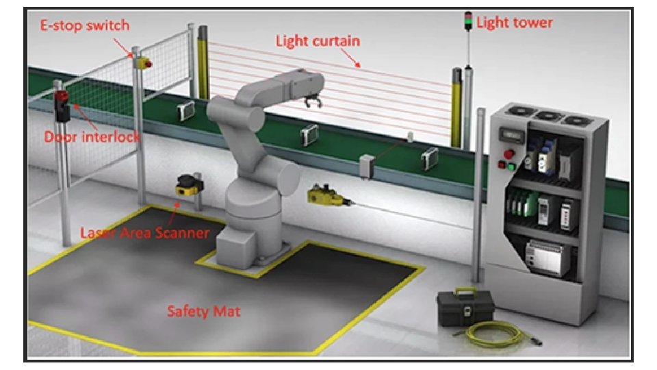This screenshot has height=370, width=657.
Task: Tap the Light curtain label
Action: pyautogui.click(x=318, y=41)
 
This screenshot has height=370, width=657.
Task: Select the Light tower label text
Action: pyautogui.click(x=514, y=23)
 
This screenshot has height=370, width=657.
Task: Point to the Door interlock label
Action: pyautogui.click(x=92, y=136)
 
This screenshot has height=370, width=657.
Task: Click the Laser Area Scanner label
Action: pyautogui.click(x=144, y=232)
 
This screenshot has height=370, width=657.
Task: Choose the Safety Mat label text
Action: pyautogui.click(x=203, y=311)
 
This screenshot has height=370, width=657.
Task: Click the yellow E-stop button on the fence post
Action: pyautogui.click(x=144, y=63)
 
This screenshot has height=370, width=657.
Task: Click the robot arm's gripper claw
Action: pyautogui.click(x=314, y=102)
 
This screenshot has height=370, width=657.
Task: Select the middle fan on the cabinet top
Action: pyautogui.click(x=546, y=116)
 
